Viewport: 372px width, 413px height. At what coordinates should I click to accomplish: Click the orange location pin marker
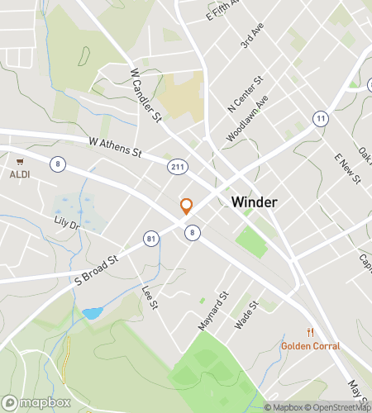tap(186, 206)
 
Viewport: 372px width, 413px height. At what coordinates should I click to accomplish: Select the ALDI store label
tap(20, 174)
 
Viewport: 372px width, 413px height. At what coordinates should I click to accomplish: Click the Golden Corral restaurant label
tap(310, 345)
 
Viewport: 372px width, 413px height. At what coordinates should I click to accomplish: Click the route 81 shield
tap(150, 239)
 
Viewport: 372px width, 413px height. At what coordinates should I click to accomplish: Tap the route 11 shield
tap(318, 119)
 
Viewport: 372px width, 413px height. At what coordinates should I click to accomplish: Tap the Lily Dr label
tap(65, 225)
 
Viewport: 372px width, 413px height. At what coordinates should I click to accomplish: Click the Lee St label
tap(150, 297)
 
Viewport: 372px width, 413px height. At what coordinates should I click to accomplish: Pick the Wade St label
tap(246, 315)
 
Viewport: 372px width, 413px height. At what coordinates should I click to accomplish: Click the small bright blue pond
tap(92, 314)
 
